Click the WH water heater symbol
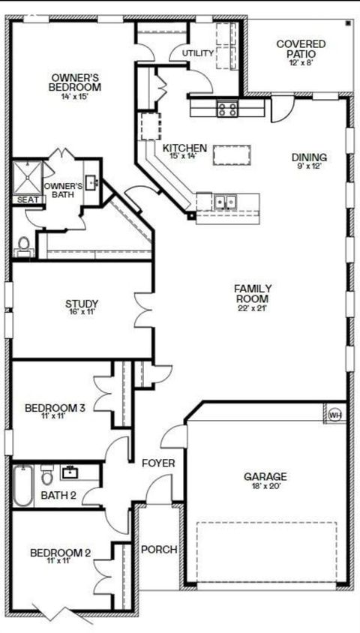tap(335, 414)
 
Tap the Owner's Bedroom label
tap(75, 82)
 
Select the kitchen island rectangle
tap(230, 154)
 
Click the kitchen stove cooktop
tap(227, 109)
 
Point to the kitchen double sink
tap(225, 202)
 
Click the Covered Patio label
tap(301, 49)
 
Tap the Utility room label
tap(198, 54)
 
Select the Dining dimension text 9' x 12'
tap(309, 166)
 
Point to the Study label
tap(82, 304)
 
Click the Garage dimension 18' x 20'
tap(265, 486)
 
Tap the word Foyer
tap(158, 463)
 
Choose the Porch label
tap(159, 550)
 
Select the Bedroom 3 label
tap(55, 408)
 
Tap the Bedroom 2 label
tap(60, 553)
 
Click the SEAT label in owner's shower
tap(28, 199)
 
